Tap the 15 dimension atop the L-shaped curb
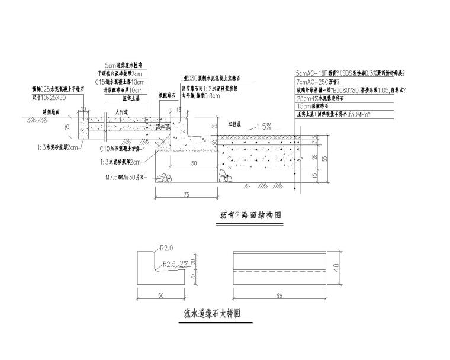click(179, 110)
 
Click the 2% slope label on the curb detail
click(185, 263)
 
